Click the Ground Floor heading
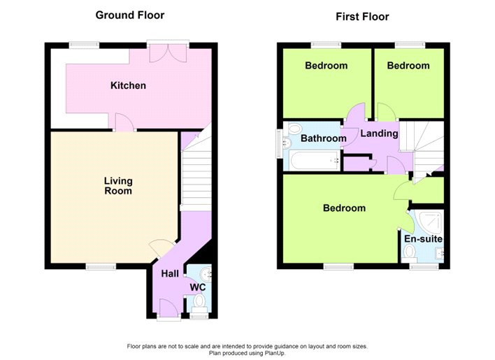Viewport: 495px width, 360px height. coord(130,15)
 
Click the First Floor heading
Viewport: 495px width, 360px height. coord(362,16)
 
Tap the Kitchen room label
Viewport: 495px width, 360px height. coord(128,85)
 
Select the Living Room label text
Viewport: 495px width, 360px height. coord(118,186)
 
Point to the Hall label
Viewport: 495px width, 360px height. coord(170,273)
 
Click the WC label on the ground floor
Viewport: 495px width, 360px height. coord(198,287)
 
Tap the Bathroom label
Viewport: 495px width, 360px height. coord(323,138)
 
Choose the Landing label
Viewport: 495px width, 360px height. coord(379,134)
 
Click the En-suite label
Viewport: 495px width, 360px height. coord(423,239)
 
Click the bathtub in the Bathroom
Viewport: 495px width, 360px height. coord(315,160)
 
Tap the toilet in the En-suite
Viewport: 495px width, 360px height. coord(410,253)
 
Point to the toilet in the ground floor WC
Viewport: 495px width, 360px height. coord(199,301)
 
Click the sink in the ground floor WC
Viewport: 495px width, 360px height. coord(206,274)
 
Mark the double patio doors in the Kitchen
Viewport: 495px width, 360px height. coord(168,52)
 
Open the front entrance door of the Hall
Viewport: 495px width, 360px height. coord(168,308)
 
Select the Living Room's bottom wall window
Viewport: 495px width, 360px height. coord(101,267)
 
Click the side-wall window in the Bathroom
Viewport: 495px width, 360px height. coord(279,143)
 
